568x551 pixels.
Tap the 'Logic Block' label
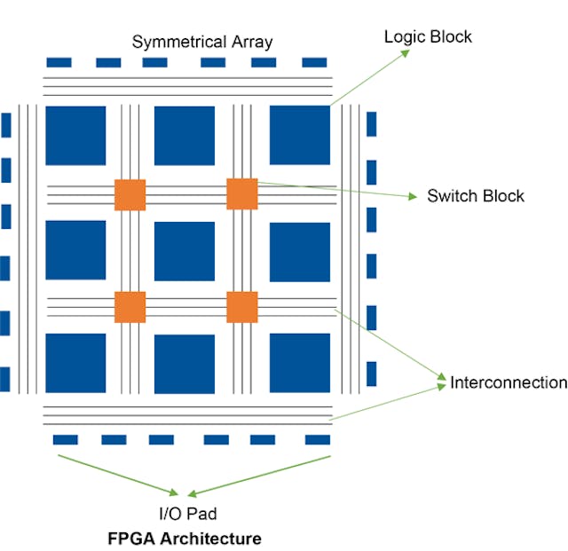click(428, 36)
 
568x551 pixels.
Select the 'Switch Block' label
click(476, 196)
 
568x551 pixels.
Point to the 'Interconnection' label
click(509, 382)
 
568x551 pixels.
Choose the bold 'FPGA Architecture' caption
click(185, 539)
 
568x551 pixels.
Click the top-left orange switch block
click(130, 194)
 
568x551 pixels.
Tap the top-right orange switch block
click(241, 193)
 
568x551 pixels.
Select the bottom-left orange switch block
click(130, 306)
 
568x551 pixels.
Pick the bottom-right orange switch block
click(241, 306)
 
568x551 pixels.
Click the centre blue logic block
click(185, 250)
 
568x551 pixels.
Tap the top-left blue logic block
click(75, 136)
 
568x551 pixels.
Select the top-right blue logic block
click(299, 135)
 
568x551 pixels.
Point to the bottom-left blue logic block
click(75, 363)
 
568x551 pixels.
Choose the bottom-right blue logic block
click(299, 363)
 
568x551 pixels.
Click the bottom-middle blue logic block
click(185, 364)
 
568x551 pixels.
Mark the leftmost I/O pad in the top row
click(59, 63)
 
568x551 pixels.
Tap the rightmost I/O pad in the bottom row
click(317, 439)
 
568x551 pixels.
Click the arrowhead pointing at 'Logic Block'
click(406, 51)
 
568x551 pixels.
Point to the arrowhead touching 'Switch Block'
click(412, 196)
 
